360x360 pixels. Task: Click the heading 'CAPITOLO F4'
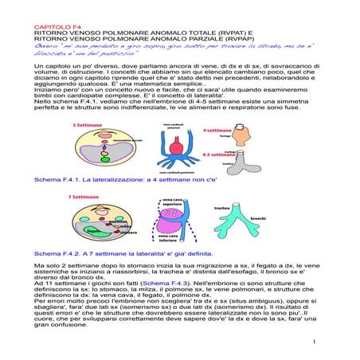53,25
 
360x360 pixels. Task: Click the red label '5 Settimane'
85,125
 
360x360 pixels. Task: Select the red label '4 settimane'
216,128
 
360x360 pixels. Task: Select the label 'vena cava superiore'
170,203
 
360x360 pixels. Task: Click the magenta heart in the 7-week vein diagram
170,221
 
